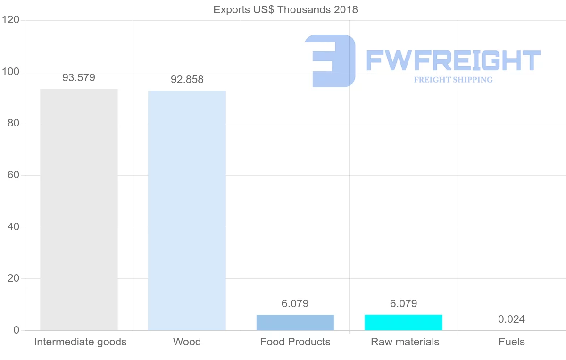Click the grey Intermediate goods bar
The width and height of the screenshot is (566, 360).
79,209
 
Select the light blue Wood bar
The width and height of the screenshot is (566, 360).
187,210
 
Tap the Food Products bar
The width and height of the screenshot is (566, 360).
295,322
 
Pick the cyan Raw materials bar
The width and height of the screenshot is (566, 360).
403,322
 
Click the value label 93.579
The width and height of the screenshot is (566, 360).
79,78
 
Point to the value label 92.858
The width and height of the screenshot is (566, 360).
187,80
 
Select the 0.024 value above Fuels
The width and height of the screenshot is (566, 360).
511,319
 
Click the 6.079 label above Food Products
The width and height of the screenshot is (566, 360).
295,304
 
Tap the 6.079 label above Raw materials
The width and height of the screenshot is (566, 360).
403,304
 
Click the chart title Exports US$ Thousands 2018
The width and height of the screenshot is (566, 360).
285,9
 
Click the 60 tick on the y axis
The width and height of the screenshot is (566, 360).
13,176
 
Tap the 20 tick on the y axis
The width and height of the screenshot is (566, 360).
13,278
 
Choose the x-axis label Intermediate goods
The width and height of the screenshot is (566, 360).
80,342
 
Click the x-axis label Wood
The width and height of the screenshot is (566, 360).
187,342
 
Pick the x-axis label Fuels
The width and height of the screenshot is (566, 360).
512,342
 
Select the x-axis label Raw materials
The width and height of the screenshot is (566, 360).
405,342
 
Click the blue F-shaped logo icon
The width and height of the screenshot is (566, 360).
330,61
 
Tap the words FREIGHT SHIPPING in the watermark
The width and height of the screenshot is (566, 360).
453,80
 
